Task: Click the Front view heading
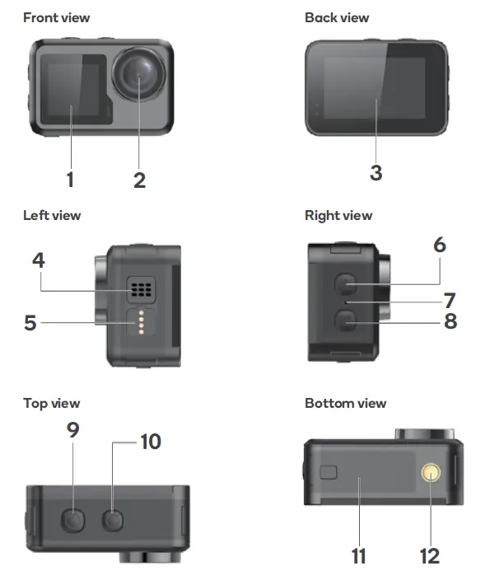click(56, 17)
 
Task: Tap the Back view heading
click(337, 17)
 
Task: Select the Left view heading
click(52, 215)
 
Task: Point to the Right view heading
click(338, 215)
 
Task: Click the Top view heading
click(51, 403)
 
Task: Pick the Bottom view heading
click(345, 403)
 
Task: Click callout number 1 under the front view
click(71, 179)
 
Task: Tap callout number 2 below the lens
click(139, 179)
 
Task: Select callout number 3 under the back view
click(376, 172)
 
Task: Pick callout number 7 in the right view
click(450, 300)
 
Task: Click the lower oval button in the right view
click(347, 323)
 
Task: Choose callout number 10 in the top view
click(151, 442)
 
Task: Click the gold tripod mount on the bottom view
click(431, 472)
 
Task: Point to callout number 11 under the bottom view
click(359, 556)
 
